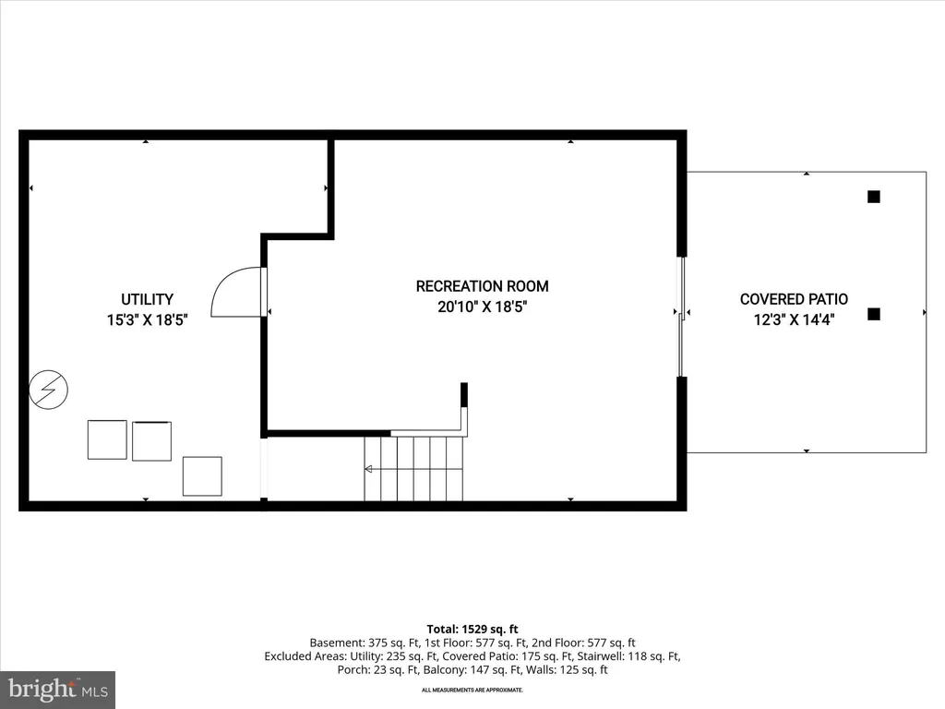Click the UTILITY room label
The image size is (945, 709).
tap(147, 300)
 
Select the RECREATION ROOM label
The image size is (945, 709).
tap(482, 286)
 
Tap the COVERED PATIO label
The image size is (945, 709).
tap(794, 299)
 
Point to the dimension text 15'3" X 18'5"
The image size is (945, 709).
tap(147, 319)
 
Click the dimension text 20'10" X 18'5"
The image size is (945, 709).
tap(482, 306)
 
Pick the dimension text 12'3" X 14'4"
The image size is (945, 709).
tap(794, 319)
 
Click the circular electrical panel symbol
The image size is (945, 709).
tap(48, 390)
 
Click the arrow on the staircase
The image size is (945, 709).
tap(368, 469)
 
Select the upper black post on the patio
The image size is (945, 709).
tap(874, 197)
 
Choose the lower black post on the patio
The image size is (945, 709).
tap(874, 314)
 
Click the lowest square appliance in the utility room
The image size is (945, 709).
tap(202, 476)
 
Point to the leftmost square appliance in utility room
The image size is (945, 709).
tap(107, 439)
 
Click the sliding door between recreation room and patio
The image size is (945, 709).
tap(682, 318)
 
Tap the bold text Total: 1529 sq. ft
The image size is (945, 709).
tap(472, 630)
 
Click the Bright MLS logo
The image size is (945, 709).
tap(58, 690)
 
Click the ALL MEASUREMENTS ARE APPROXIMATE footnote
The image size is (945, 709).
tap(472, 690)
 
